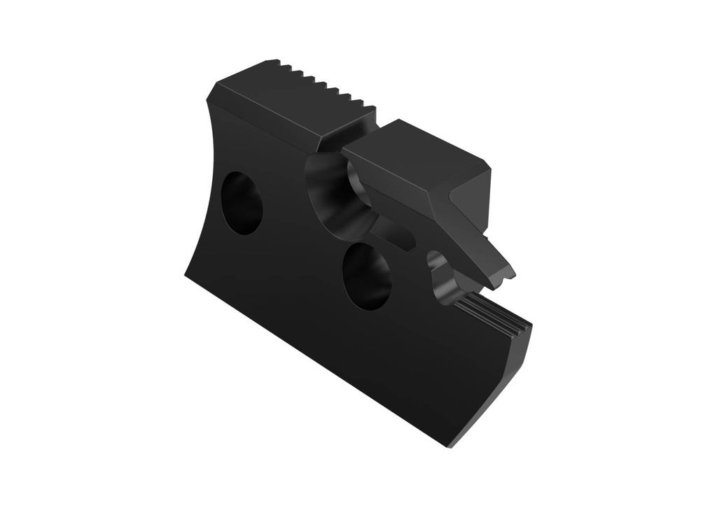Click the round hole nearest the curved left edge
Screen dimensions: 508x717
pyautogui.click(x=242, y=203)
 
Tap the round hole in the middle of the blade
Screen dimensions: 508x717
pyautogui.click(x=366, y=276)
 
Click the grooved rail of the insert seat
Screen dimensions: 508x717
pyautogui.click(x=494, y=315)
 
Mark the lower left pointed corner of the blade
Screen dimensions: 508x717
pyautogui.click(x=186, y=274)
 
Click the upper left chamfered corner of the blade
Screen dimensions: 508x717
pyautogui.click(x=213, y=91)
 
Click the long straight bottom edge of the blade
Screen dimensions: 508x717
pyautogui.click(x=315, y=357)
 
